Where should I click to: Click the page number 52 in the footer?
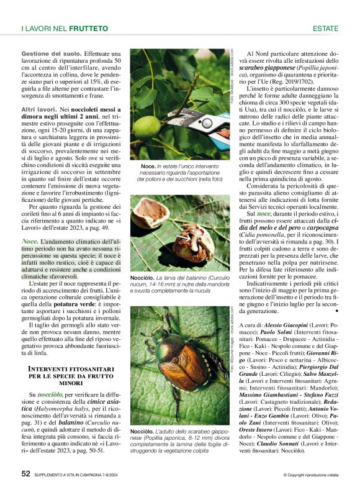pos(25,473)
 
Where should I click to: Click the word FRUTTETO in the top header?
pos(88,29)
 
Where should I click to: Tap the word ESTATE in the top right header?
pos(325,29)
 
